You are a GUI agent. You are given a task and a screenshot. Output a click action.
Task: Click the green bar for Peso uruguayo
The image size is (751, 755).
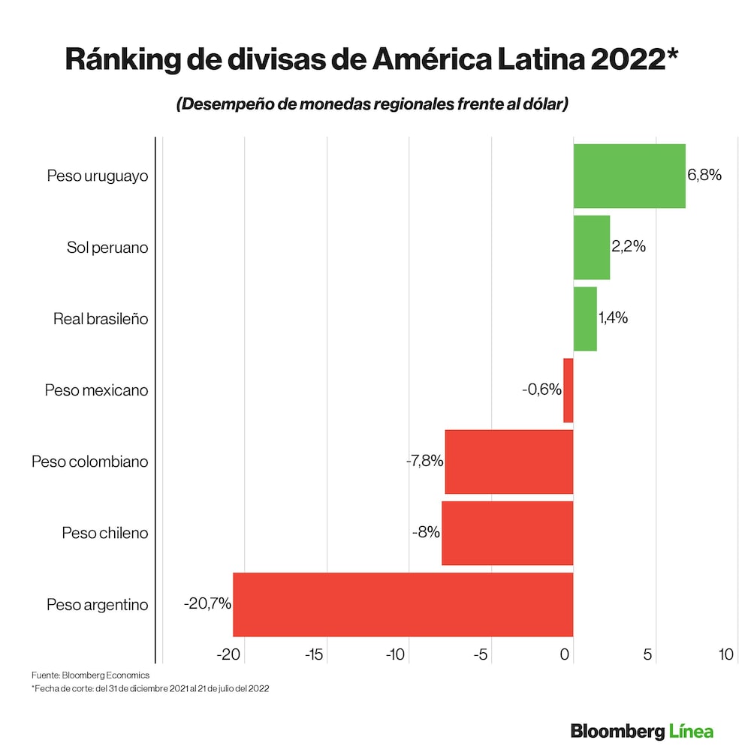click(629, 176)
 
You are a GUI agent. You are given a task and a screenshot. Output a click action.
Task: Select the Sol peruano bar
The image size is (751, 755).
click(592, 247)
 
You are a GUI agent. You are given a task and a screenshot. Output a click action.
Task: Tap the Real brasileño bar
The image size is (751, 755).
click(585, 318)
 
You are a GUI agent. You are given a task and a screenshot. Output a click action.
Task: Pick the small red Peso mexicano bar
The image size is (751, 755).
click(569, 390)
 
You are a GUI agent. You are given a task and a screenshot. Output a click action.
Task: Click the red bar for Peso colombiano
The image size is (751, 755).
click(509, 462)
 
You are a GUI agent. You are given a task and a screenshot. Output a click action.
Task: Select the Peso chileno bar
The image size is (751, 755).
click(508, 533)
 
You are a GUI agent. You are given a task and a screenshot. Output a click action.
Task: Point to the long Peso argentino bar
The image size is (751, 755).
click(403, 604)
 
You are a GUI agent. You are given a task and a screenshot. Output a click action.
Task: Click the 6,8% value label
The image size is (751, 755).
click(704, 176)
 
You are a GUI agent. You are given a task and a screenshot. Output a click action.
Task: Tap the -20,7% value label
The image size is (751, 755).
click(207, 603)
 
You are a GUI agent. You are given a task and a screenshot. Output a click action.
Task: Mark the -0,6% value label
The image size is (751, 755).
click(541, 390)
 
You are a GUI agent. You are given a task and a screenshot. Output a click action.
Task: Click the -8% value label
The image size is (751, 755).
click(426, 533)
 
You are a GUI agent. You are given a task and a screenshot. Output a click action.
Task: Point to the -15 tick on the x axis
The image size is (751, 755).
click(313, 654)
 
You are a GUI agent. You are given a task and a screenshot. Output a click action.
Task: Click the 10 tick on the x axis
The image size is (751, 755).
click(725, 654)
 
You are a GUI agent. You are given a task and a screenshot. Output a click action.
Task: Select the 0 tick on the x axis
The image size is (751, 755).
click(566, 654)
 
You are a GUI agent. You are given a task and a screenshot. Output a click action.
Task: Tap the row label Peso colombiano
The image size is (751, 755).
click(89, 462)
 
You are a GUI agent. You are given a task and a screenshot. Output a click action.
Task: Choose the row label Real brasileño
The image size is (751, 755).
click(101, 318)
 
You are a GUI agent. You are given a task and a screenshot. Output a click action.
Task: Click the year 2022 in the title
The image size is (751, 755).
click(638, 60)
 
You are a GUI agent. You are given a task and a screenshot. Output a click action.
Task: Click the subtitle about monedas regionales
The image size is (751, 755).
click(372, 104)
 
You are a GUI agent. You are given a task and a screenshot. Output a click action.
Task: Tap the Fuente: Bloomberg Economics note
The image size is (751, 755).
click(90, 675)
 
